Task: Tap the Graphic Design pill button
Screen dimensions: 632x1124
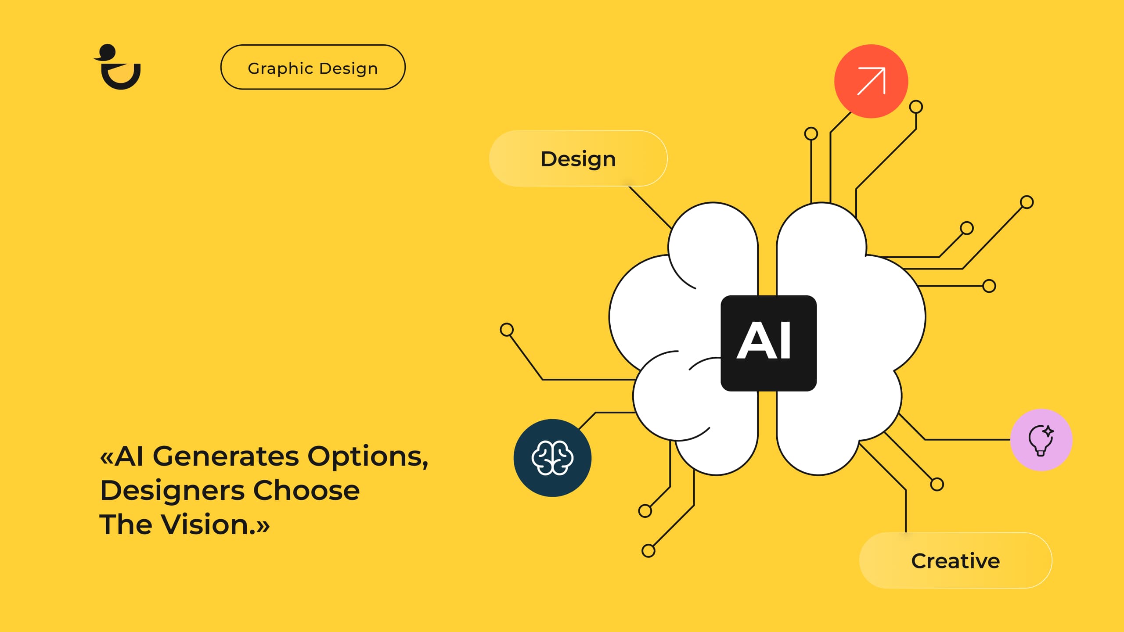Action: click(x=313, y=67)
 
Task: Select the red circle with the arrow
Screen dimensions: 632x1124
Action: click(x=871, y=81)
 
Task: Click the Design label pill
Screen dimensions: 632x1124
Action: click(x=578, y=158)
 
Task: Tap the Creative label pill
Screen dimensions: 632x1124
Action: click(x=955, y=560)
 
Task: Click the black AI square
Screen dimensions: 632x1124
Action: click(x=768, y=343)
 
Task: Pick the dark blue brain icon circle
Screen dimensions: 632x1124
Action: click(x=552, y=458)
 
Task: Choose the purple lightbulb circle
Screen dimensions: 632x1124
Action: click(x=1041, y=440)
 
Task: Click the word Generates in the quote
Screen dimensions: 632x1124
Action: click(x=226, y=456)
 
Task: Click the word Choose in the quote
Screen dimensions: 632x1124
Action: click(x=306, y=490)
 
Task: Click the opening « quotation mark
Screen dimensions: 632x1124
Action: click(x=107, y=458)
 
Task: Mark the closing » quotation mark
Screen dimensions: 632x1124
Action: click(x=263, y=526)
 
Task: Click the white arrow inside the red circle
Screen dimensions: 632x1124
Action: click(x=871, y=81)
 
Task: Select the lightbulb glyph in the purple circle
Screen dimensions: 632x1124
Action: click(x=1040, y=440)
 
